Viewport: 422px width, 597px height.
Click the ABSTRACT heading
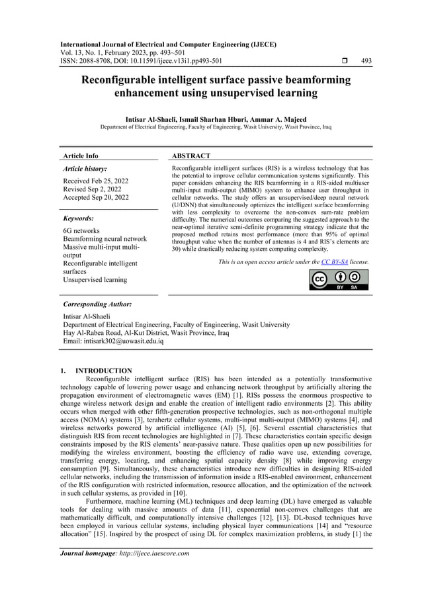[191, 156]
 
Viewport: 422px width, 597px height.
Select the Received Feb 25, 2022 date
[95, 181]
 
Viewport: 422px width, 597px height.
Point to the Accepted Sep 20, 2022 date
[96, 197]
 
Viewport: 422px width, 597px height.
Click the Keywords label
[78, 218]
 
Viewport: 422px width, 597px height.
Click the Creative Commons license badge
[339, 280]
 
